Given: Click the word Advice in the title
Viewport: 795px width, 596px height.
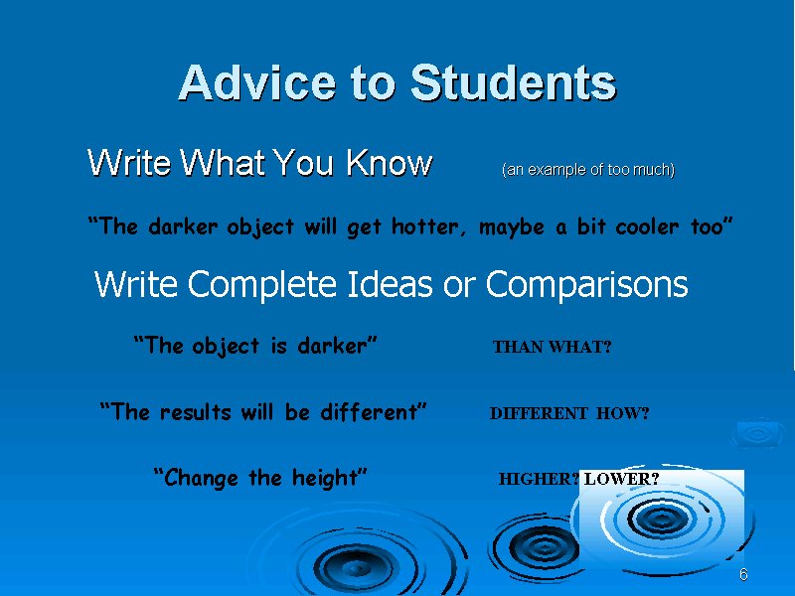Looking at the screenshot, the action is (x=257, y=82).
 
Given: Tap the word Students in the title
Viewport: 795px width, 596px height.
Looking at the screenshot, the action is (x=513, y=82).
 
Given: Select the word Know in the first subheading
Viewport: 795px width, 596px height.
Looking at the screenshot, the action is (x=389, y=163).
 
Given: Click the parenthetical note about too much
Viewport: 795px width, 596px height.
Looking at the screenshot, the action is (x=588, y=169).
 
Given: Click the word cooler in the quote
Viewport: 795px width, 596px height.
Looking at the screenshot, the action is (x=647, y=226).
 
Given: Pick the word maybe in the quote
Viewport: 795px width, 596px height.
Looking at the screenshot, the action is (x=511, y=227).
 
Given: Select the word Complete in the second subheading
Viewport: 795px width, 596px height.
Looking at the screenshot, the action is (x=262, y=284).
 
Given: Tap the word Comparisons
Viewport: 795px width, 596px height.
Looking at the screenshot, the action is (x=586, y=284).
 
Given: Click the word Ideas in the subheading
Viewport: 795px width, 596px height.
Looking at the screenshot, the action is (x=390, y=283).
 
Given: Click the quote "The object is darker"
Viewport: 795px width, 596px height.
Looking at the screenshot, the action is (x=255, y=346).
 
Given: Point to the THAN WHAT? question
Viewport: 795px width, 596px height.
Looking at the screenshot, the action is (x=553, y=347).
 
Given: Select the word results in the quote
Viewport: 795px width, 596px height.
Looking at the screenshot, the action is (x=196, y=412).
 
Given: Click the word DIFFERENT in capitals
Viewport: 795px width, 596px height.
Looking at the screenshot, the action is (x=539, y=413).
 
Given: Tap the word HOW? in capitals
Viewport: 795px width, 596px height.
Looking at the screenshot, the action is (x=623, y=413).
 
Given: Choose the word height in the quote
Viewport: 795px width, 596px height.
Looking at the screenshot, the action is (x=325, y=479).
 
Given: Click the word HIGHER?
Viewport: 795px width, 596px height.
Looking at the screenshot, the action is (x=539, y=479).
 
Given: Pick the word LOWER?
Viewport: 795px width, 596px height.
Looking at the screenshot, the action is (x=622, y=479).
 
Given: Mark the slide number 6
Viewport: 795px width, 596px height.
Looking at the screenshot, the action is (x=743, y=574).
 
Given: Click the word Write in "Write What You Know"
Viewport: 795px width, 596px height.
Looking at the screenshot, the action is (x=129, y=163).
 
